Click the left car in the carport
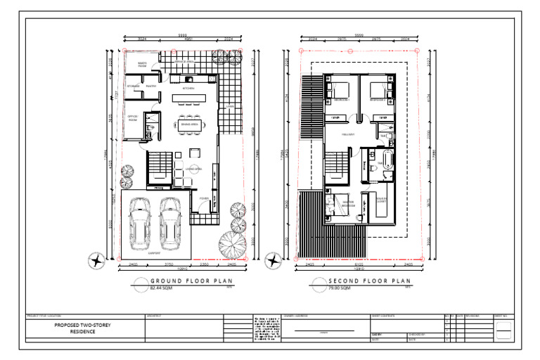tap(141, 219)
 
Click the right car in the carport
tap(171, 219)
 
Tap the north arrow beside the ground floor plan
tap(96, 262)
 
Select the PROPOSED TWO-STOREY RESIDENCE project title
tap(83, 328)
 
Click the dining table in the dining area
tap(189, 124)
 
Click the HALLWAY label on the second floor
tap(347, 134)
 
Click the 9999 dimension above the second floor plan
tap(359, 34)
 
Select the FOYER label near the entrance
tap(204, 199)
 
